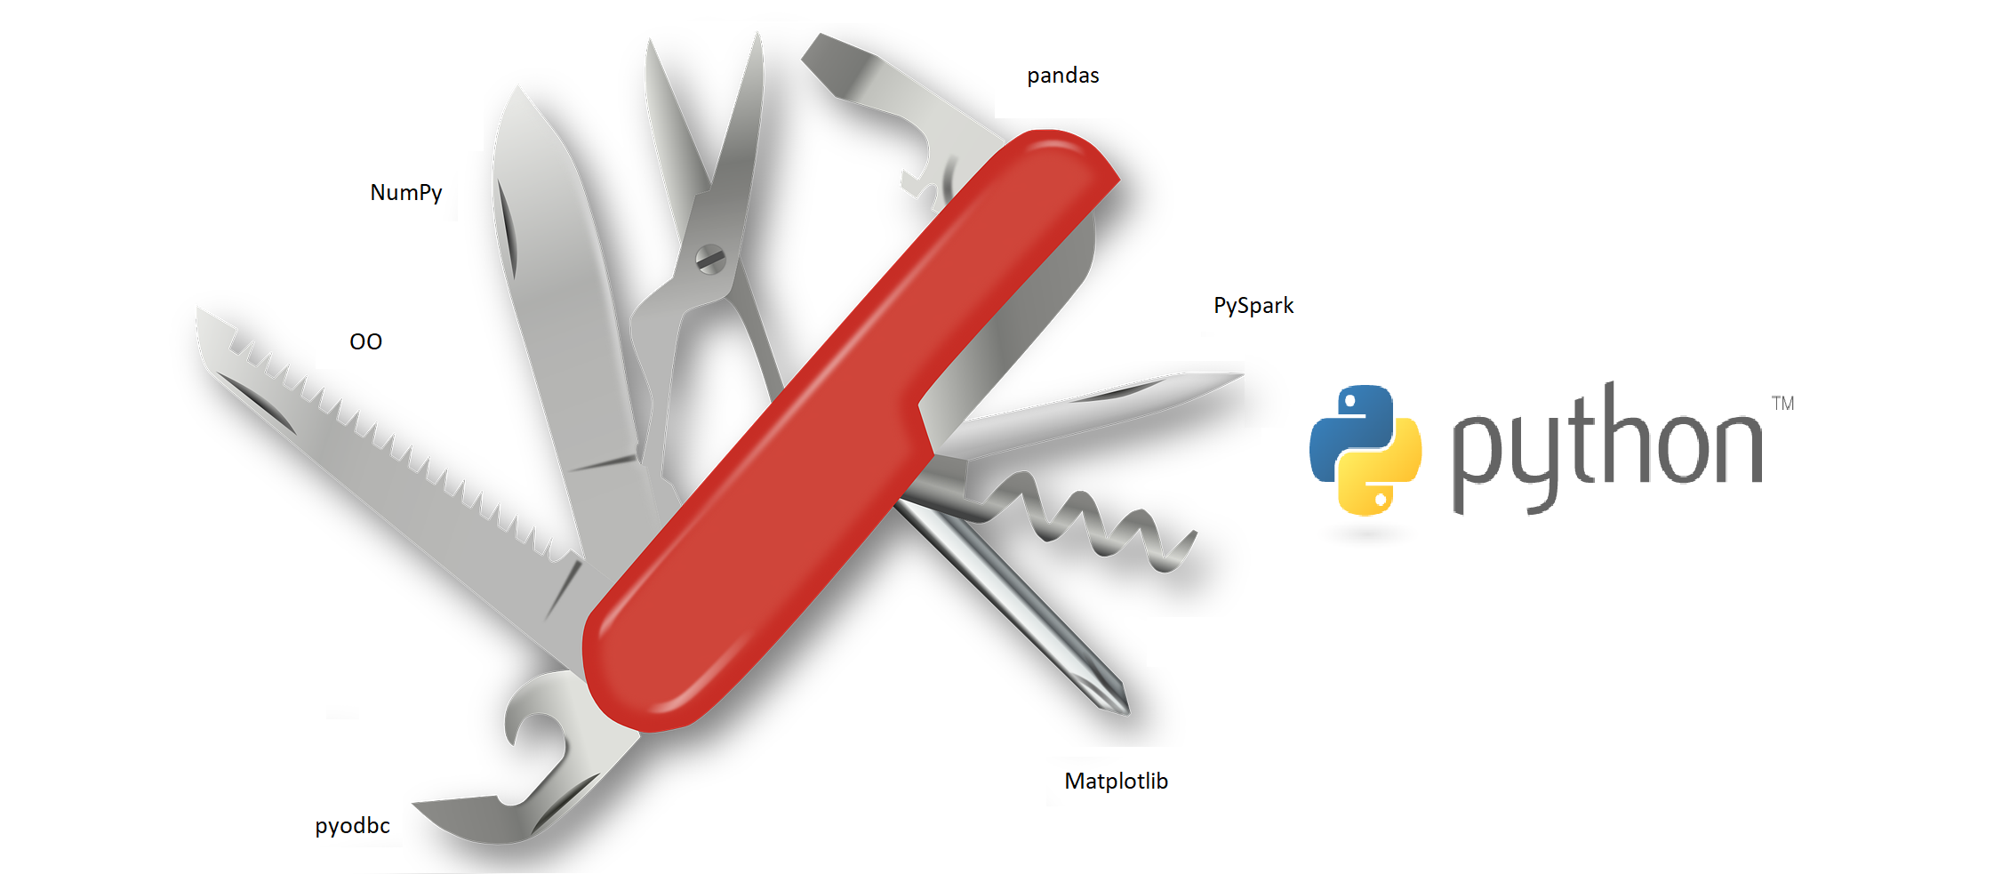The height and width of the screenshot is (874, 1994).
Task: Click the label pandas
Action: [x=1062, y=76]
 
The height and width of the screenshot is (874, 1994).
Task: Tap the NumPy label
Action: [x=405, y=193]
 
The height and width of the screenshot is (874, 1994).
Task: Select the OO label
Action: [x=365, y=342]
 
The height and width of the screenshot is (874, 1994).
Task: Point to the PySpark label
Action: [x=1253, y=306]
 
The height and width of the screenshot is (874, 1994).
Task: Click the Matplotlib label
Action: [x=1116, y=782]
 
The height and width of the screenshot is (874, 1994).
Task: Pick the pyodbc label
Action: [x=352, y=826]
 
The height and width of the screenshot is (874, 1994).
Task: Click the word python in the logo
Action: [x=1606, y=445]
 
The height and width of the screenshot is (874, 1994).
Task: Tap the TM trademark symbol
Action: [x=1782, y=404]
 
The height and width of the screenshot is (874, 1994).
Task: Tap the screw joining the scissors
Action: [x=710, y=259]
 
